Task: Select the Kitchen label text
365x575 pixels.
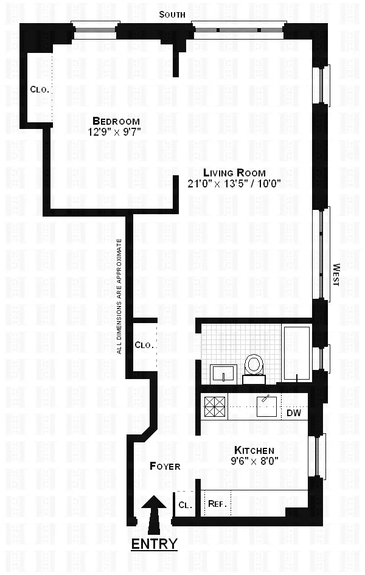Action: tap(256, 450)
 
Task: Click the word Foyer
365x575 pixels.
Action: tap(165, 466)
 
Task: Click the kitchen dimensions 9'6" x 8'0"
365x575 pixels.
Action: tap(256, 461)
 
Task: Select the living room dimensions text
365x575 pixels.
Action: tap(234, 183)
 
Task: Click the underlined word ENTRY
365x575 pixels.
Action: tap(154, 543)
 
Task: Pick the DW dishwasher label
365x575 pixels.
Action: tap(294, 413)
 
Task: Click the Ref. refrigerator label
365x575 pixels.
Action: tap(217, 504)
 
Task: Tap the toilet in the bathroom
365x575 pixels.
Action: tap(253, 367)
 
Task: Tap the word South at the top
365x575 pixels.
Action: tap(172, 15)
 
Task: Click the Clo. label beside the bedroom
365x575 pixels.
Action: tap(40, 89)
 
